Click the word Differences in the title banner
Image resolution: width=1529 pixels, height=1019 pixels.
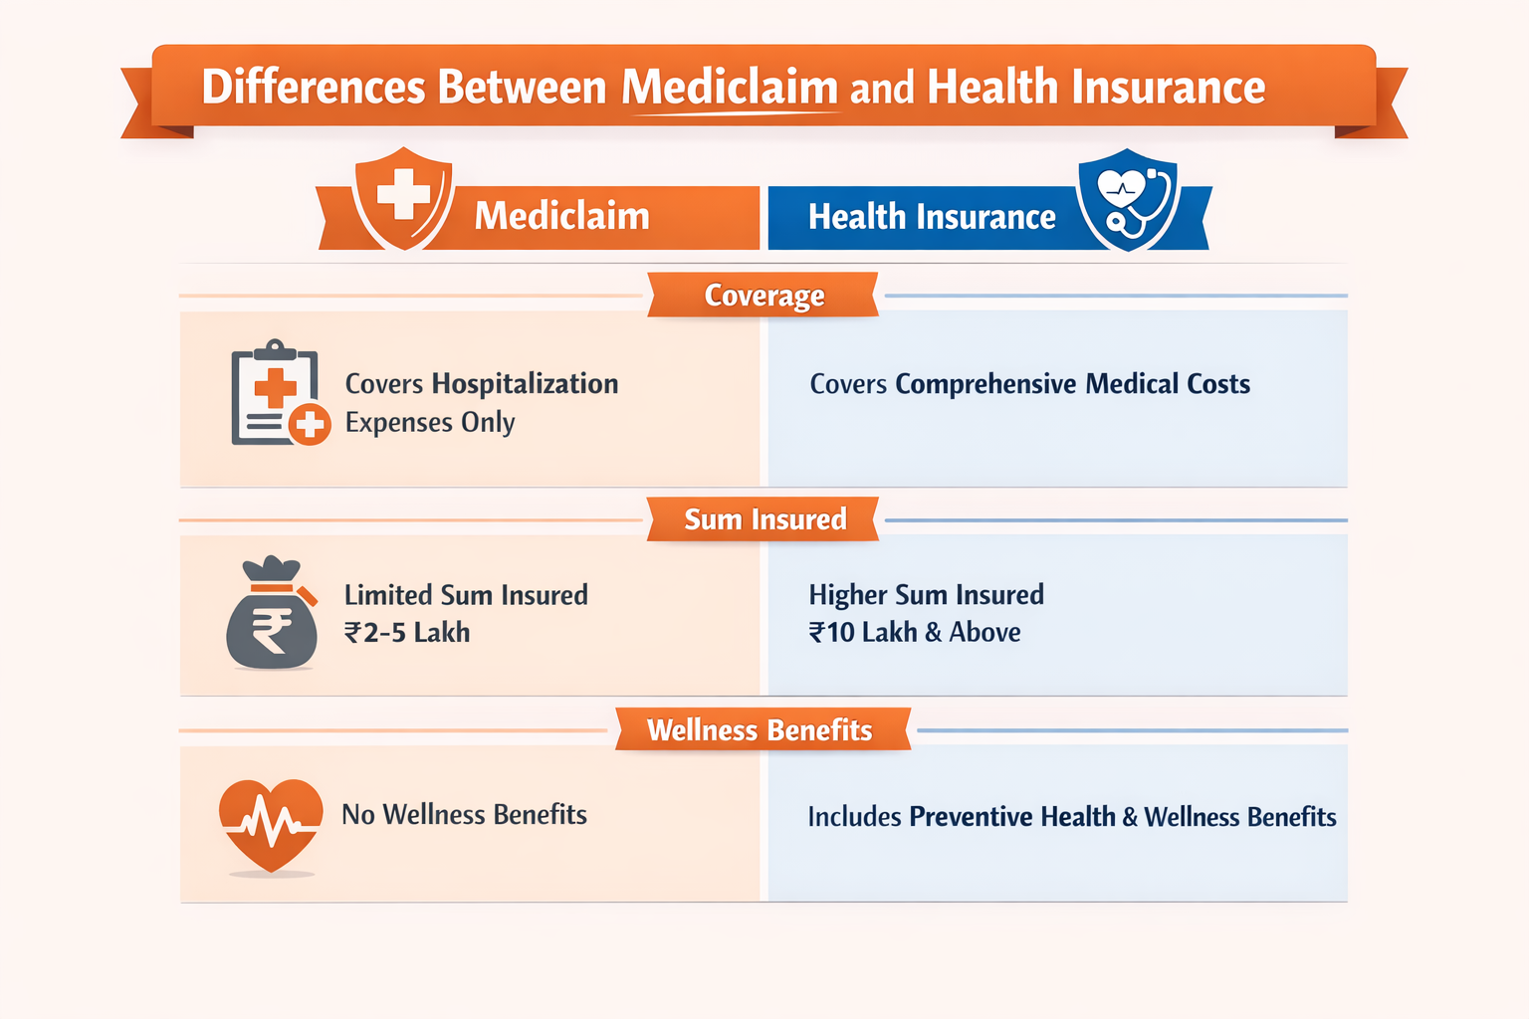pyautogui.click(x=315, y=88)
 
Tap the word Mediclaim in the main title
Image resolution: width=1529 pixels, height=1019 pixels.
pyautogui.click(x=730, y=88)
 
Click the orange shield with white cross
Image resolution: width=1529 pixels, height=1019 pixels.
pyautogui.click(x=403, y=197)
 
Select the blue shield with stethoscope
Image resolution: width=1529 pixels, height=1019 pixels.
pyautogui.click(x=1128, y=199)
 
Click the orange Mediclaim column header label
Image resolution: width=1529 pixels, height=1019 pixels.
pyautogui.click(x=561, y=216)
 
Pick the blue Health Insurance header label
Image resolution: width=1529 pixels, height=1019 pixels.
pyautogui.click(x=931, y=217)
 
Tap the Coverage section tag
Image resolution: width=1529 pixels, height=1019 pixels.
pyautogui.click(x=764, y=296)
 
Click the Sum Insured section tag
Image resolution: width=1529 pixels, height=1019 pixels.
pyautogui.click(x=764, y=519)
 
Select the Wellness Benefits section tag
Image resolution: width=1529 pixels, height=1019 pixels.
pyautogui.click(x=760, y=730)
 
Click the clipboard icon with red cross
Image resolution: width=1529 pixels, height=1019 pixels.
pyautogui.click(x=278, y=394)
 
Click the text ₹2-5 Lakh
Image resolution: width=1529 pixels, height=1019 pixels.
pyautogui.click(x=407, y=633)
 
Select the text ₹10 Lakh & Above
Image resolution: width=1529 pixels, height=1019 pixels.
pyautogui.click(x=915, y=633)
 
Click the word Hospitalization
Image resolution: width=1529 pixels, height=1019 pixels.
pyautogui.click(x=525, y=384)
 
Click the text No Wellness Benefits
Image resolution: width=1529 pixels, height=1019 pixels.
pyautogui.click(x=464, y=815)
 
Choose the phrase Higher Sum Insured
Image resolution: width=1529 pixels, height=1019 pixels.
pyautogui.click(x=926, y=595)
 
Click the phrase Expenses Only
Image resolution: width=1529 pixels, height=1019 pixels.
pyautogui.click(x=430, y=423)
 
